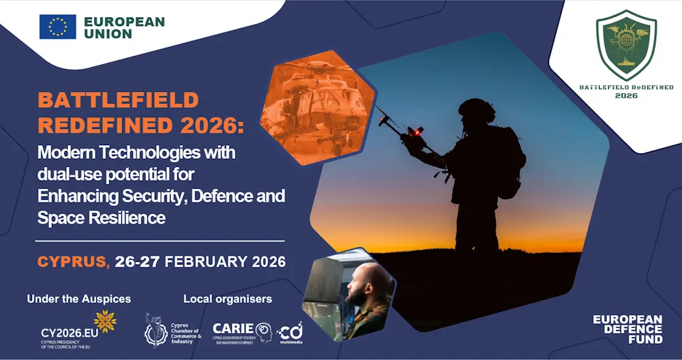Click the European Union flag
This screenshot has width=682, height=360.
pyautogui.click(x=57, y=27)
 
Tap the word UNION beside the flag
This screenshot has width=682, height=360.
pyautogui.click(x=108, y=33)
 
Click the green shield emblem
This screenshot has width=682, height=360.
pyautogui.click(x=626, y=48)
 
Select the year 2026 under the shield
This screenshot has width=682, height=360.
pyautogui.click(x=626, y=96)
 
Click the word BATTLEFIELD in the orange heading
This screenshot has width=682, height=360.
pyautogui.click(x=118, y=100)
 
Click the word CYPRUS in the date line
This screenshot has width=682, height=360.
pyautogui.click(x=72, y=261)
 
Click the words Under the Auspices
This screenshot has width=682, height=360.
pyautogui.click(x=79, y=299)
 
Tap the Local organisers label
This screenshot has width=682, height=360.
pyautogui.click(x=228, y=299)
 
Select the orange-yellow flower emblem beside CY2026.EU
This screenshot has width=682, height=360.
pyautogui.click(x=105, y=321)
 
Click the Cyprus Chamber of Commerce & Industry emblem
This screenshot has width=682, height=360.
pyautogui.click(x=155, y=331)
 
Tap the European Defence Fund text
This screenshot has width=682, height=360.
pyautogui.click(x=627, y=329)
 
